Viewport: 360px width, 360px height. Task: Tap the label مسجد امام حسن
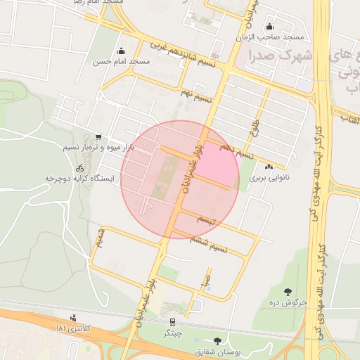point(122,62)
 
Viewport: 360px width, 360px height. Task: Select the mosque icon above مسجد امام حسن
point(122,51)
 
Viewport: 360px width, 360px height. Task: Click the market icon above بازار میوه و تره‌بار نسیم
point(98,137)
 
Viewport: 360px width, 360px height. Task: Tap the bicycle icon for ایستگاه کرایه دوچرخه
point(79,168)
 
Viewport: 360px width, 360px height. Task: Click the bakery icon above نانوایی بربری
point(269,167)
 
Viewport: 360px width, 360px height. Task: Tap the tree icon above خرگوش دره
point(288,291)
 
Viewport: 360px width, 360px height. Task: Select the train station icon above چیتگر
point(173,321)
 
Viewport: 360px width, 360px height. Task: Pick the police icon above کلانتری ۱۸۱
point(74,318)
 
